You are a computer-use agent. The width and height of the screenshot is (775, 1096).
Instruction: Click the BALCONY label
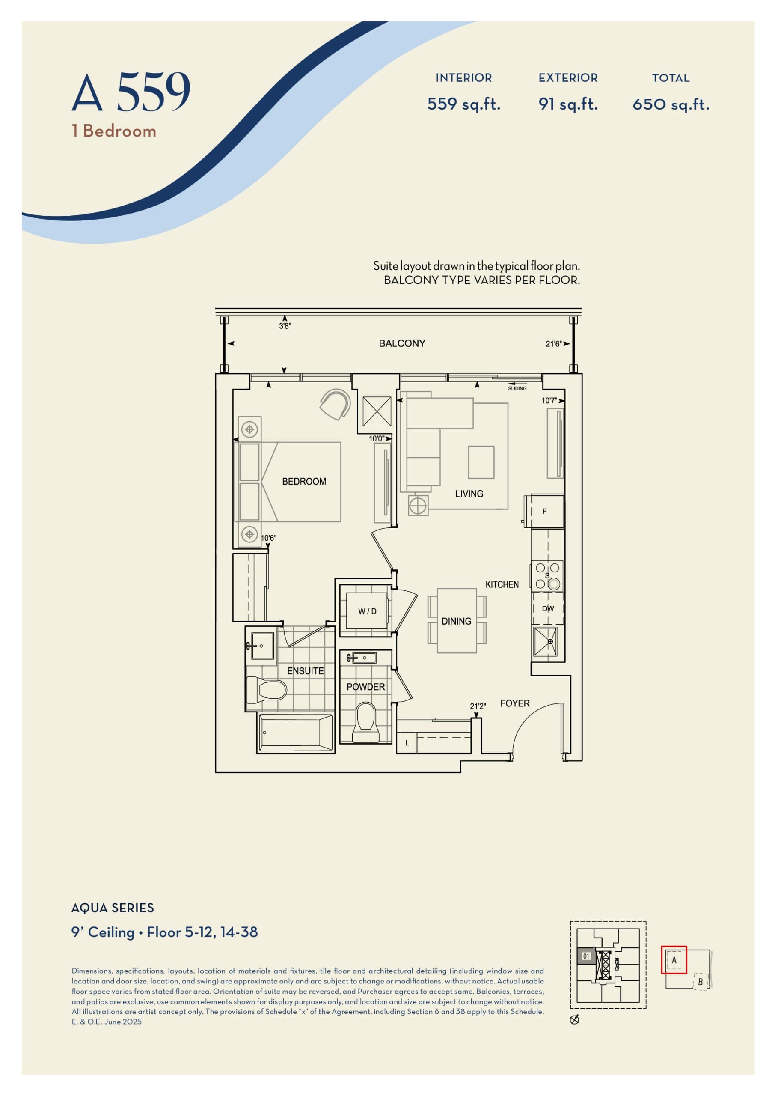tap(402, 343)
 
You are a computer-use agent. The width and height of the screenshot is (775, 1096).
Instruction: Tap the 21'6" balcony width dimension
tap(554, 344)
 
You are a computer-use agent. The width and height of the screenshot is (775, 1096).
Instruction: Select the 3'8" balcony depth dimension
tap(285, 326)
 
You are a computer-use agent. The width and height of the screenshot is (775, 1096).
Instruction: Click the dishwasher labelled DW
tap(547, 609)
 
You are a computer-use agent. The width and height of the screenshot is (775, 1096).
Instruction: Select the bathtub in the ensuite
tap(295, 733)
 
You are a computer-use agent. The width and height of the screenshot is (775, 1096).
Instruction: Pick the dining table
tap(457, 620)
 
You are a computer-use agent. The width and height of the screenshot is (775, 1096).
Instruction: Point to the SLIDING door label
tap(517, 389)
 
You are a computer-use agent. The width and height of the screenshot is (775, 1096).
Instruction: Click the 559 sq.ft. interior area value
tap(463, 104)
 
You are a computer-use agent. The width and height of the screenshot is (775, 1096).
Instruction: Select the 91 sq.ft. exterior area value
tap(568, 104)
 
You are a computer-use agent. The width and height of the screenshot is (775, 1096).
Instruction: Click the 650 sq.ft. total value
tap(671, 104)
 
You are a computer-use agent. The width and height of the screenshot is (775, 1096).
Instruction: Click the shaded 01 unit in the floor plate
tap(586, 956)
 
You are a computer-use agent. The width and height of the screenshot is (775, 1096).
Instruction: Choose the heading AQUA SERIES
tap(113, 908)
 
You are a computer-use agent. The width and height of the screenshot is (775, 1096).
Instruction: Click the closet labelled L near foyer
tap(407, 743)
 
